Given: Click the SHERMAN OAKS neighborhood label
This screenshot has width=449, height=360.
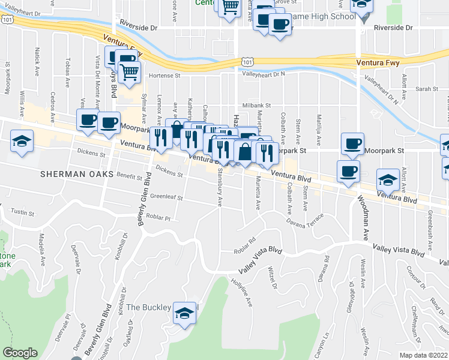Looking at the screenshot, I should click(73, 174).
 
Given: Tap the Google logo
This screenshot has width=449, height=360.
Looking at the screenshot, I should click(20, 353).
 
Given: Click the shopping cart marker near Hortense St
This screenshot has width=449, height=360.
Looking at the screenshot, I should click(129, 73).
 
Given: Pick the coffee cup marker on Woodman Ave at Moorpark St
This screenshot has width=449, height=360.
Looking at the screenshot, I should click(352, 144).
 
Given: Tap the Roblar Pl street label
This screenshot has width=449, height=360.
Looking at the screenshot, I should click(159, 219).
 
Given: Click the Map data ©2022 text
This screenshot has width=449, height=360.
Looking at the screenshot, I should click(423, 355).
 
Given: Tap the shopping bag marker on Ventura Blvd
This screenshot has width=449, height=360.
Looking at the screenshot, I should click(245, 152).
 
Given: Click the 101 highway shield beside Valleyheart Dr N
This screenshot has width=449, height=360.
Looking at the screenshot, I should click(248, 61).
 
